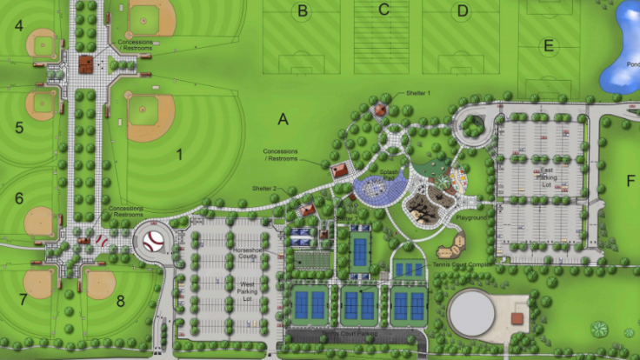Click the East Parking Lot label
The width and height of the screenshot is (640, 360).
(546, 176)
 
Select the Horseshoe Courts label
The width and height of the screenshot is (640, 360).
(248, 252)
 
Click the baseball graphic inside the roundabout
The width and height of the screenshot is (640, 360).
(154, 241)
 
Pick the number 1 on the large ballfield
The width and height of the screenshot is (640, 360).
(180, 155)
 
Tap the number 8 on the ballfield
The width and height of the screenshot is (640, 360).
(121, 301)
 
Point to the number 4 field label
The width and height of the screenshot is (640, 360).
(18, 25)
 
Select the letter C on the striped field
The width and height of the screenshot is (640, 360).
(383, 10)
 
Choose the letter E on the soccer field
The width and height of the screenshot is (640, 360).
(548, 45)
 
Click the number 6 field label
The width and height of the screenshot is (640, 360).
(18, 198)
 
